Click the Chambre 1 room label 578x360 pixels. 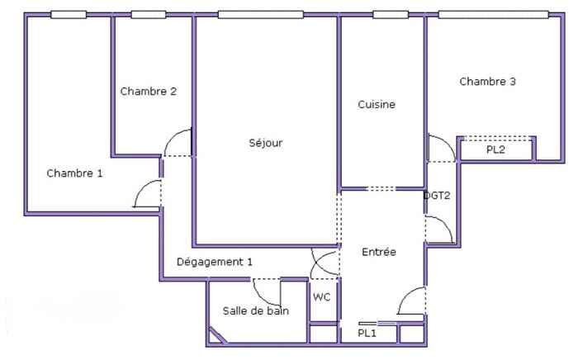point(75,173)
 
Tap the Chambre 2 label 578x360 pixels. point(148,92)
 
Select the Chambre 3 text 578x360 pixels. point(488,82)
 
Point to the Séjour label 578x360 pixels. point(266,143)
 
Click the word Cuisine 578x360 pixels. point(377,105)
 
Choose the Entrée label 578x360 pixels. point(379,252)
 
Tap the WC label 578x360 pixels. point(322,297)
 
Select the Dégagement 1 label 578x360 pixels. point(215,263)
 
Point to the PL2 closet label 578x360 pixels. point(495,150)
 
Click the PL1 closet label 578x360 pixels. point(367,333)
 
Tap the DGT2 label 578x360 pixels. point(437,197)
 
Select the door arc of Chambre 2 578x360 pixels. point(178,144)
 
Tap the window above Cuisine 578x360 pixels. point(390,14)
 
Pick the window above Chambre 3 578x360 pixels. point(493,14)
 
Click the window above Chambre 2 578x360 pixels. point(149,14)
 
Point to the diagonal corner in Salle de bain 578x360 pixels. point(218,335)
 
